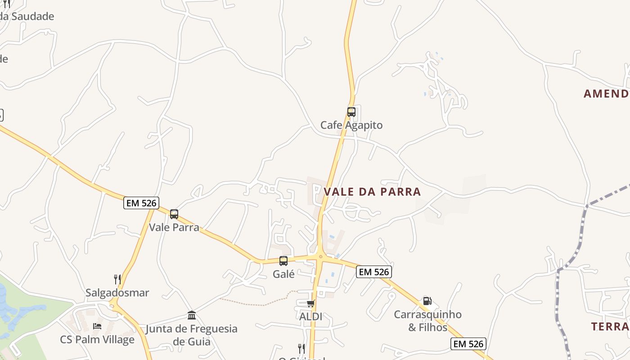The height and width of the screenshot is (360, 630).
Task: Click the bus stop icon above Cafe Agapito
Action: click(x=351, y=112)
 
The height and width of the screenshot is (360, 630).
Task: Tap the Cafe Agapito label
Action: click(x=351, y=125)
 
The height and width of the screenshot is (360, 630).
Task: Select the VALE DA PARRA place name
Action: click(x=373, y=192)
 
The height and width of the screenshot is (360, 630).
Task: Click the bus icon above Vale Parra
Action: click(x=174, y=214)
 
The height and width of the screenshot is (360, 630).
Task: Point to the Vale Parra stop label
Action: click(x=174, y=227)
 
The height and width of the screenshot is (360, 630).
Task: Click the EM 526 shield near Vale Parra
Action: click(x=141, y=203)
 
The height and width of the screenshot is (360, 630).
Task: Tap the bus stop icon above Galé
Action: click(x=283, y=261)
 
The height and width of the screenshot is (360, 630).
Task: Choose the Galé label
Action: click(x=283, y=274)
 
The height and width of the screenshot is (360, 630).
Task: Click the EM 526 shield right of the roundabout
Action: click(x=374, y=272)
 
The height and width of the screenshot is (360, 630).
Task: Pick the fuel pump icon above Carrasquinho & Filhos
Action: click(x=427, y=301)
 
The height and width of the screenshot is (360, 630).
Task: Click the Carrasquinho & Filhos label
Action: click(x=427, y=320)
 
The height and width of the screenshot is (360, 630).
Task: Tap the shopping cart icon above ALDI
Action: click(x=310, y=304)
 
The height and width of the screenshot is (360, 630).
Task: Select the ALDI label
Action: click(x=310, y=316)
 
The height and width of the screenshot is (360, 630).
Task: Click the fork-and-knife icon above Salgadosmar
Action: click(x=117, y=279)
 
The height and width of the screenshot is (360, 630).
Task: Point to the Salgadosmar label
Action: click(x=117, y=293)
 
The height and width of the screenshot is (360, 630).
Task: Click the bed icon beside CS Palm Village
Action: click(x=97, y=326)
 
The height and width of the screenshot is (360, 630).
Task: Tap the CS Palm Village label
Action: click(x=97, y=339)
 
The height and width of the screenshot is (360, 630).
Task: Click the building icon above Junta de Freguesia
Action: click(x=192, y=315)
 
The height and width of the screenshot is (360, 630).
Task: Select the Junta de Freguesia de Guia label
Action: click(x=192, y=335)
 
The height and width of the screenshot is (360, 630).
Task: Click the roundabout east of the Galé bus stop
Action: click(x=320, y=257)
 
